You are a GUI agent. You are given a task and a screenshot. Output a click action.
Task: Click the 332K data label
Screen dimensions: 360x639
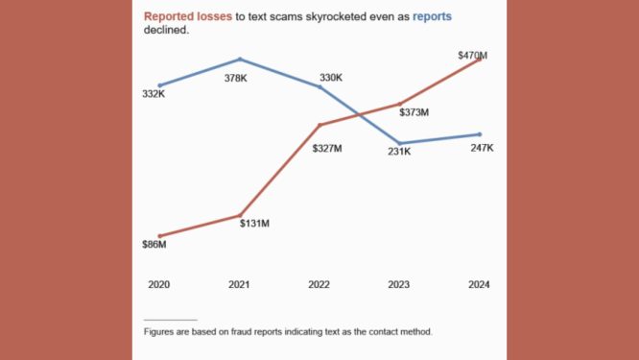point(155,94)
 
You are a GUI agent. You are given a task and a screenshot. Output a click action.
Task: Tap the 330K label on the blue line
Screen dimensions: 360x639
point(331,78)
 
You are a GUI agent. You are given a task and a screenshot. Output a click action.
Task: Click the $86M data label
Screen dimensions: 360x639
point(154,245)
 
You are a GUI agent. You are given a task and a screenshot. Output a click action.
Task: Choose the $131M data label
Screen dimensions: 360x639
point(254,223)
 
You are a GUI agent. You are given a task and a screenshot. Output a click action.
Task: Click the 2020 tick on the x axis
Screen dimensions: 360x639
point(158,285)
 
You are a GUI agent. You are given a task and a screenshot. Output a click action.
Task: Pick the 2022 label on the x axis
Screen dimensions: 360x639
point(319,285)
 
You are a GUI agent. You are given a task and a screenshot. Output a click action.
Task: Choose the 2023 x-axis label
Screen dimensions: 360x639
point(400,285)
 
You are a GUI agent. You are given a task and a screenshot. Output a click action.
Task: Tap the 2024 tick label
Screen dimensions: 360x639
point(480,285)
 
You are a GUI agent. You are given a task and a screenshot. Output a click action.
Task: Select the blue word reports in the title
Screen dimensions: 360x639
point(433,16)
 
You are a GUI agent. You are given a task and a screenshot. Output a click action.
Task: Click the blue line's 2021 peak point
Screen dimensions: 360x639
point(240,60)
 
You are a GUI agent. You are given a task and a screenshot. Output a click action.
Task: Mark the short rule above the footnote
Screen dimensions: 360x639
point(170,320)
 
